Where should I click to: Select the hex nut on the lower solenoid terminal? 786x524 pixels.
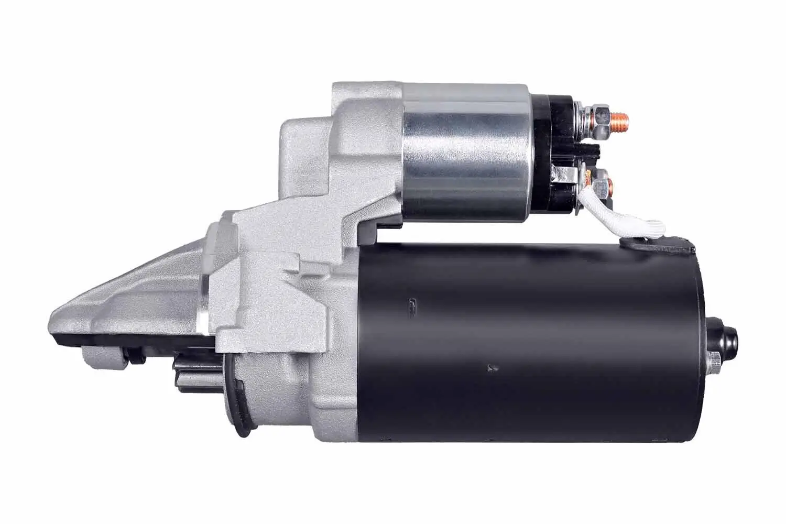[x=607, y=184]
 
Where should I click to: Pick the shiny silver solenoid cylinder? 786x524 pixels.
[x=466, y=152]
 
